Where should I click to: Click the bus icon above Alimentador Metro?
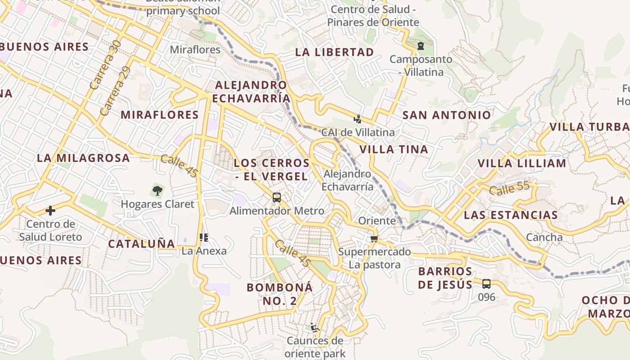[x=276, y=198]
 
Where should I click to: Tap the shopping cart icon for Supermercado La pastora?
[x=374, y=238]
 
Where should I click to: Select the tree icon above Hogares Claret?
[x=157, y=191]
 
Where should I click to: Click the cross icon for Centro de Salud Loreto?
[x=50, y=211]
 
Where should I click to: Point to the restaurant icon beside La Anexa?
[x=203, y=237]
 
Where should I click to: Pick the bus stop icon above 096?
[x=486, y=284]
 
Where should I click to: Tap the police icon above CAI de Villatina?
[x=358, y=119]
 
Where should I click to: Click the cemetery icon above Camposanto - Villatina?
[x=421, y=46]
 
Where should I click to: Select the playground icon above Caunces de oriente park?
[x=315, y=328]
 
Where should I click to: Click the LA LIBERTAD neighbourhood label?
[x=334, y=52]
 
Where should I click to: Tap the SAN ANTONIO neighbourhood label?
[x=446, y=115]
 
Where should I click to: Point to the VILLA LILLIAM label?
[x=522, y=163]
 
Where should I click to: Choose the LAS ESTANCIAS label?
[x=511, y=215]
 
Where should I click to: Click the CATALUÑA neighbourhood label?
[x=141, y=244]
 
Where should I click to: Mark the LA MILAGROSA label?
[x=83, y=158]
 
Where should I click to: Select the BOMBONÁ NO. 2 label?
[x=279, y=294]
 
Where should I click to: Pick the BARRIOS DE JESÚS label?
[x=445, y=278]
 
